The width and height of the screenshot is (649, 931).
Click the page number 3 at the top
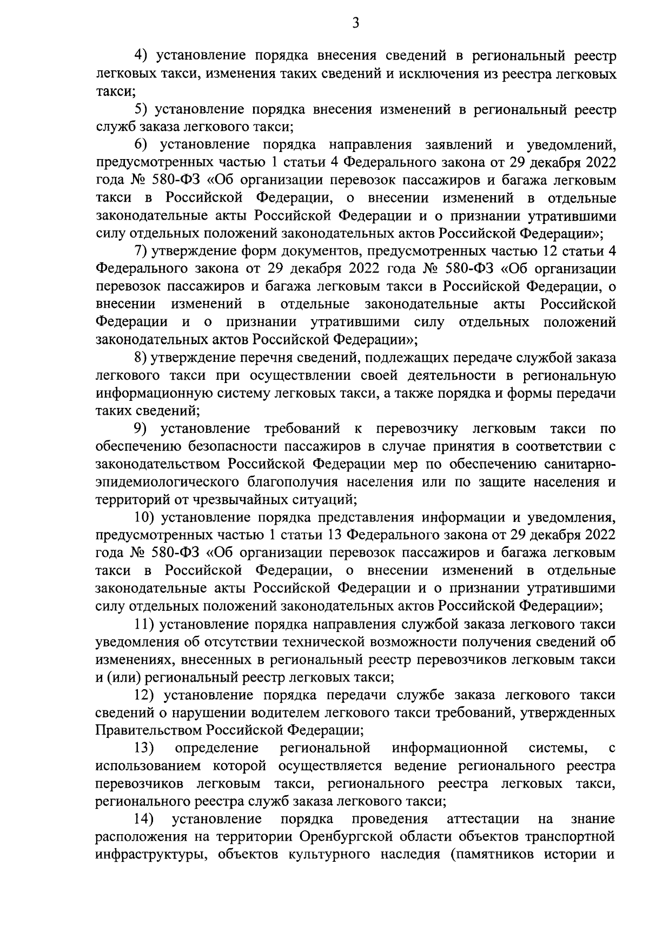tap(355, 22)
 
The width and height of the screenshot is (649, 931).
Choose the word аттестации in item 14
tap(484, 819)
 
